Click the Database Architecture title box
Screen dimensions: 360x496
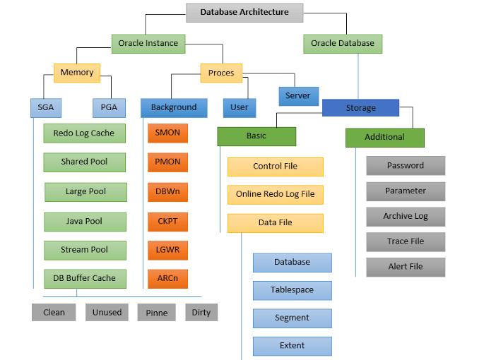coord(244,12)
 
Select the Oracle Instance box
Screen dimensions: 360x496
coord(148,43)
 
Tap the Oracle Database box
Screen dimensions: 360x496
coord(343,43)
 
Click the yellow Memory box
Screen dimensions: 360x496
coord(77,72)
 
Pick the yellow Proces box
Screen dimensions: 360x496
coord(221,72)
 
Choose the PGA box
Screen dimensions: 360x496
coord(109,107)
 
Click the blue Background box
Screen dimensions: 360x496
coord(174,107)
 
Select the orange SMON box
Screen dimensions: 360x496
coord(167,133)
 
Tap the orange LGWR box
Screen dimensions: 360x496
coord(167,249)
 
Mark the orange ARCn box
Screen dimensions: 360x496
coord(167,278)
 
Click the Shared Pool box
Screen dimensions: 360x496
coord(84,162)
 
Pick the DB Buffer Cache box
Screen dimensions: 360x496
coord(84,278)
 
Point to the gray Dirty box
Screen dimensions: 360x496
coord(201,312)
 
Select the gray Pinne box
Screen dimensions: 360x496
coord(156,312)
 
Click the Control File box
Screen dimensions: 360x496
coord(275,167)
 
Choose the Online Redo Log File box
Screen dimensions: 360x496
coord(275,194)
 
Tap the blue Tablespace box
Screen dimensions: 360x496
coord(292,290)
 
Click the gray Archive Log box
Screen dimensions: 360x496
coord(406,216)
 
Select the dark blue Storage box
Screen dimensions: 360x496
coord(360,108)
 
